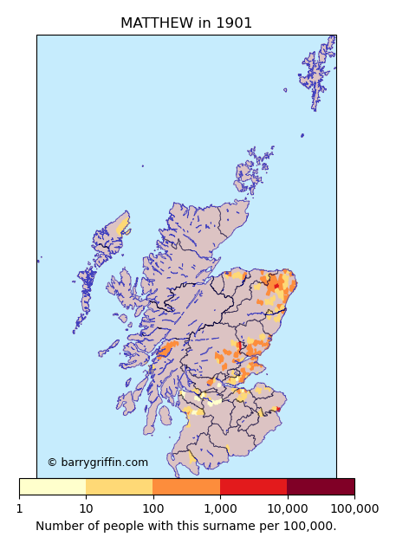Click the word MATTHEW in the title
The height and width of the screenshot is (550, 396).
click(x=156, y=23)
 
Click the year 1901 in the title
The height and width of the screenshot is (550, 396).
click(x=232, y=23)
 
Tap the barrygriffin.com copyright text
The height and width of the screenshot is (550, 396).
click(x=97, y=463)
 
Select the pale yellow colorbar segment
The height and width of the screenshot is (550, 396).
click(x=52, y=487)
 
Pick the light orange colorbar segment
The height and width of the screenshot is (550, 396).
click(x=119, y=487)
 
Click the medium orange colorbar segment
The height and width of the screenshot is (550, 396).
click(x=186, y=487)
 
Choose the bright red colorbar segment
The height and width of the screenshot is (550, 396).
click(x=253, y=487)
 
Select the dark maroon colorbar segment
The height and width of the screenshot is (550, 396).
click(x=321, y=487)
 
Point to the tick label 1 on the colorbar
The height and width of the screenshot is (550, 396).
click(x=19, y=508)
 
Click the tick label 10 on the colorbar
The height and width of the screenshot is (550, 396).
click(x=86, y=508)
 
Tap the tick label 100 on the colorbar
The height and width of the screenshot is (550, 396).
click(x=153, y=508)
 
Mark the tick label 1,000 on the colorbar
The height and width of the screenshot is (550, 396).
click(x=220, y=508)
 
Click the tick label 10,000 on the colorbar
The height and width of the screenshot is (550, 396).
click(x=287, y=508)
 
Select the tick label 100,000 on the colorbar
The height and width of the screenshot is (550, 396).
click(x=354, y=508)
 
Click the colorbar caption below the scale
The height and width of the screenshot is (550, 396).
click(x=185, y=526)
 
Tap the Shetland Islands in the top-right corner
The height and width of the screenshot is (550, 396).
click(x=317, y=69)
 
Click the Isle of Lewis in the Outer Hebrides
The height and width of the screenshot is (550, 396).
click(x=113, y=234)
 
